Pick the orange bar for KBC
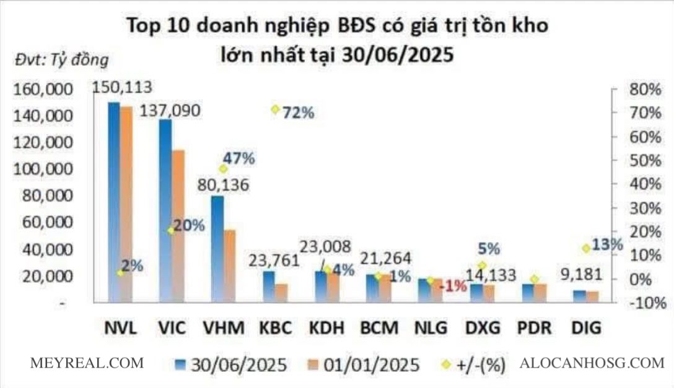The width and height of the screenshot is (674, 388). pyautogui.click(x=281, y=293)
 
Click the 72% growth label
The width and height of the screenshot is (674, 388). pyautogui.click(x=298, y=113)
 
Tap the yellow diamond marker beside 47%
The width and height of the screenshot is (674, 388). pyautogui.click(x=223, y=169)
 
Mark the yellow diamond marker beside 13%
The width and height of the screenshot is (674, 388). pyautogui.click(x=585, y=248)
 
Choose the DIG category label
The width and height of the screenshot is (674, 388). pyautogui.click(x=586, y=327)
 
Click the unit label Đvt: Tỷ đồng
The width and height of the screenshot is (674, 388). pyautogui.click(x=61, y=60)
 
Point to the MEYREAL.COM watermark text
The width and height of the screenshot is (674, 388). pyautogui.click(x=87, y=363)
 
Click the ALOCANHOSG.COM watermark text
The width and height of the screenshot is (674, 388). pyautogui.click(x=592, y=363)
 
